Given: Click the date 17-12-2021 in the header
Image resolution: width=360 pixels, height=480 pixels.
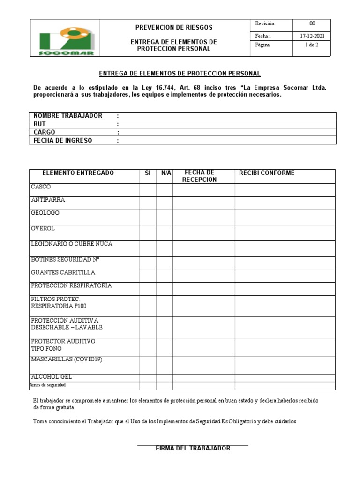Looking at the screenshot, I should pyautogui.click(x=311, y=36).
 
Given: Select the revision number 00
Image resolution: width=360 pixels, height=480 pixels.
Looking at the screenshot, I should pyautogui.click(x=312, y=23).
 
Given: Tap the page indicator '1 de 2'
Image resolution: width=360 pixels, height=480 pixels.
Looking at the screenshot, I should pyautogui.click(x=311, y=45).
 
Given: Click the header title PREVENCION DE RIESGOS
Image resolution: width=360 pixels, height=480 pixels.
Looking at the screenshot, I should pyautogui.click(x=173, y=27).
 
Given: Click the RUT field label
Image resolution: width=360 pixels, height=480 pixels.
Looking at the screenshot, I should pyautogui.click(x=38, y=124).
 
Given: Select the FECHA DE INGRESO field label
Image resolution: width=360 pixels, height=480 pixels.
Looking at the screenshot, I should pyautogui.click(x=62, y=140).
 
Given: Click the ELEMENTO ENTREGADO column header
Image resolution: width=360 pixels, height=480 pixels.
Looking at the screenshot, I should pyautogui.click(x=78, y=173).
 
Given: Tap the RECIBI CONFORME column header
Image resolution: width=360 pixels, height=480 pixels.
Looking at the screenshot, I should pyautogui.click(x=267, y=173).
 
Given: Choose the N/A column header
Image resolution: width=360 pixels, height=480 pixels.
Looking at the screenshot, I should pyautogui.click(x=166, y=173).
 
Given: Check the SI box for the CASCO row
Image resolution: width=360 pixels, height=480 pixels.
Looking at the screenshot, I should pyautogui.click(x=147, y=190).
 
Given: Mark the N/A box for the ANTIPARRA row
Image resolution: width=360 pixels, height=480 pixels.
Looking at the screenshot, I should pyautogui.click(x=164, y=203).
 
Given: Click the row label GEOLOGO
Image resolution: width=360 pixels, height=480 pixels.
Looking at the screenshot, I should pyautogui.click(x=45, y=213).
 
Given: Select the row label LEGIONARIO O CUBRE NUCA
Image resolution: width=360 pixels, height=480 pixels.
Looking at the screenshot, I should pyautogui.click(x=71, y=244).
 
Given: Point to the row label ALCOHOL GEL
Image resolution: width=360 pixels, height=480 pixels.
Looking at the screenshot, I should pyautogui.click(x=52, y=376).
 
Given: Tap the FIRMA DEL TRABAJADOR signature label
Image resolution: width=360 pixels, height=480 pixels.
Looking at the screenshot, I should pyautogui.click(x=193, y=448).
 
